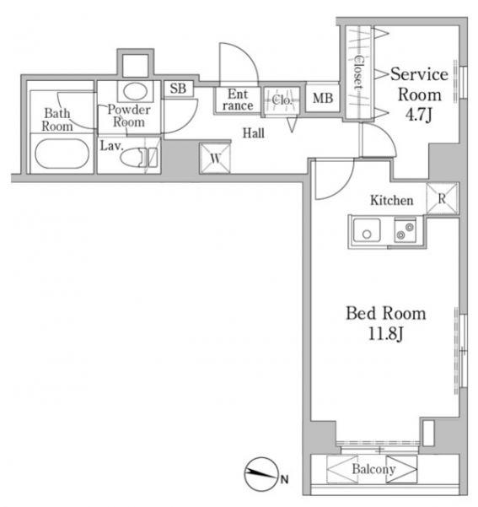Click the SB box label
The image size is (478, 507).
(178, 89)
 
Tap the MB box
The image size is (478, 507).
(323, 98)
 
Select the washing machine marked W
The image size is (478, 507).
(215, 158)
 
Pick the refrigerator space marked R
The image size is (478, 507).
(442, 198)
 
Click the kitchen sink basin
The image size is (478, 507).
(367, 230)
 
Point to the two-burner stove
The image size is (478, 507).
(405, 230)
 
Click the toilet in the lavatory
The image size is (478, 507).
(138, 158)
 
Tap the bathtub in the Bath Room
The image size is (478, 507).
(62, 154)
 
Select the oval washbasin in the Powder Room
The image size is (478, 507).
(136, 91)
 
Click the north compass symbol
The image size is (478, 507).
(262, 474)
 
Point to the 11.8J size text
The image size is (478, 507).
(385, 333)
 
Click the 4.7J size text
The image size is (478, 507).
(419, 114)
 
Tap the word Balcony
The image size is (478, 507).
(373, 469)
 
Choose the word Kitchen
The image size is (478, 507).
(392, 200)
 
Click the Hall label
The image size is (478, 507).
(254, 133)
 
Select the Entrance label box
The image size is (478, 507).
(238, 100)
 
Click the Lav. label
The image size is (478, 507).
(112, 146)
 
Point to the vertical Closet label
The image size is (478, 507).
(358, 72)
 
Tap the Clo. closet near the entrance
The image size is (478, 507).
(282, 100)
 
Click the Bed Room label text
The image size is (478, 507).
(385, 313)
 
